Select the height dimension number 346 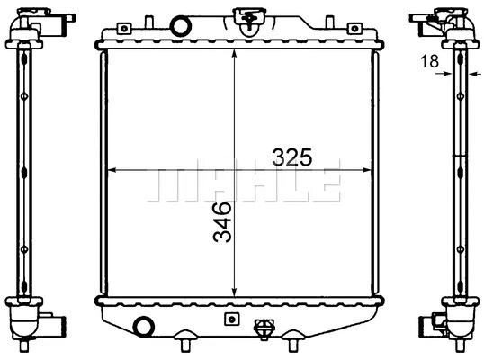221,223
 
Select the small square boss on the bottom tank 231,319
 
